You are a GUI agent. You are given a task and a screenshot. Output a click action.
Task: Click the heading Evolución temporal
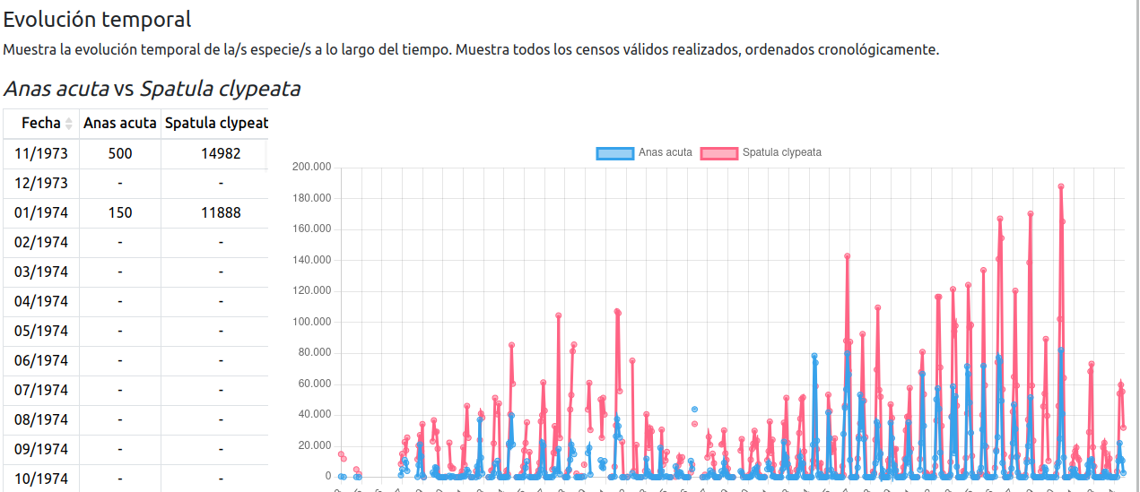[x=97, y=19]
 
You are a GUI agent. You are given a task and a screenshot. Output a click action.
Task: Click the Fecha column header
[x=41, y=123]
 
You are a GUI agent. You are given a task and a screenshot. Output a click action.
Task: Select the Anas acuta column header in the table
[x=120, y=123]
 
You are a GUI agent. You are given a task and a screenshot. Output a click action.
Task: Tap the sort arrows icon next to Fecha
[x=69, y=124]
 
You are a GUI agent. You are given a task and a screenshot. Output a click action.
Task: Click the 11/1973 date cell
[x=41, y=153]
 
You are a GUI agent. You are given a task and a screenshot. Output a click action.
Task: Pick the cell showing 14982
[x=221, y=153]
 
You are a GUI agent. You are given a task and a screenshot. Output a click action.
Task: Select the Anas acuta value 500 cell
[x=120, y=153]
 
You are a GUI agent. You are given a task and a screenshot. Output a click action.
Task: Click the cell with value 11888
[x=221, y=212]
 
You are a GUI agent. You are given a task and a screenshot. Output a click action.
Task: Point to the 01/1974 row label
[x=41, y=212]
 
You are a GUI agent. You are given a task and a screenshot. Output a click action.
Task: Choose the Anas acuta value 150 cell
[x=120, y=212]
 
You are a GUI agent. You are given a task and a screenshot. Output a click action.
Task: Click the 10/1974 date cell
[x=41, y=479]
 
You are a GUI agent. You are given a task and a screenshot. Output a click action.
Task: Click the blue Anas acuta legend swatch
[x=614, y=152]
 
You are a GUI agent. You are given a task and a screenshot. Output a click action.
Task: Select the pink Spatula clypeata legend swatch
[x=718, y=152]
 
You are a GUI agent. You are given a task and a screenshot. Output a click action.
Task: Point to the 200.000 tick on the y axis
[x=312, y=167]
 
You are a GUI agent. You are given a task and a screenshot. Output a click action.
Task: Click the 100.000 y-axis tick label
[x=312, y=322]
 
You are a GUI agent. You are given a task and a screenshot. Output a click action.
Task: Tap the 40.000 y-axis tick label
[x=315, y=414]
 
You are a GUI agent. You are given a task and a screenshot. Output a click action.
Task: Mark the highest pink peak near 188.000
[x=1060, y=186]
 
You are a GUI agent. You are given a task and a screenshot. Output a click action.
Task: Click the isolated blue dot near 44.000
[x=693, y=409]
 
